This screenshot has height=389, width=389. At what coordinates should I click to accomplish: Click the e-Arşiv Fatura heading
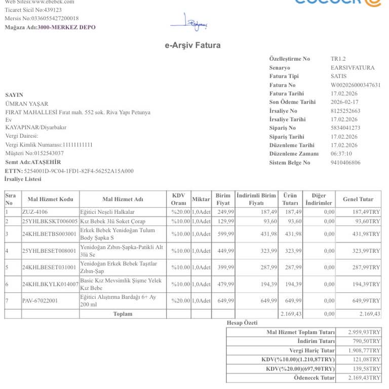tap(192, 46)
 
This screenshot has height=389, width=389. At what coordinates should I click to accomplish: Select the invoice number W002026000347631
tap(355, 85)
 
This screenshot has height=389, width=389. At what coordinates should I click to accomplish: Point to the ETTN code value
tap(79, 171)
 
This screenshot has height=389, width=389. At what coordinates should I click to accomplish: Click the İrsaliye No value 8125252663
tap(345, 111)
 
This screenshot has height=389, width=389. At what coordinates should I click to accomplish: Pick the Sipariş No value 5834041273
tap(345, 128)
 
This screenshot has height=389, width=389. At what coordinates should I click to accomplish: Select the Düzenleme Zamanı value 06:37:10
tap(341, 153)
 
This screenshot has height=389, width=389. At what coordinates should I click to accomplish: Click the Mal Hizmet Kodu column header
tap(50, 200)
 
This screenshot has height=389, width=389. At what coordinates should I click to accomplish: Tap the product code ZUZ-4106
tap(35, 212)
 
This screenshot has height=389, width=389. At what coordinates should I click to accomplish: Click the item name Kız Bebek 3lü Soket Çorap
tap(112, 221)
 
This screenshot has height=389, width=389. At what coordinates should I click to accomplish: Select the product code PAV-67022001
tap(40, 301)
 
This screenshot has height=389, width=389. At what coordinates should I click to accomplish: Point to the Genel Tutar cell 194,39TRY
tap(366, 285)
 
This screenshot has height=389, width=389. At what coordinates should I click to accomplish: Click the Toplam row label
tap(123, 314)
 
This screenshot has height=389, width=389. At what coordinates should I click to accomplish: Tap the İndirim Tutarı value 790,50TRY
tap(365, 341)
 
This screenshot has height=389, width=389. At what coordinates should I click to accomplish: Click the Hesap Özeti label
tap(242, 323)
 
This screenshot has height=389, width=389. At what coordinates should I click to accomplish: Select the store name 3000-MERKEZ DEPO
tap(66, 27)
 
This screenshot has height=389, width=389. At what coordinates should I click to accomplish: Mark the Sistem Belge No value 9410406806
tap(345, 163)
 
